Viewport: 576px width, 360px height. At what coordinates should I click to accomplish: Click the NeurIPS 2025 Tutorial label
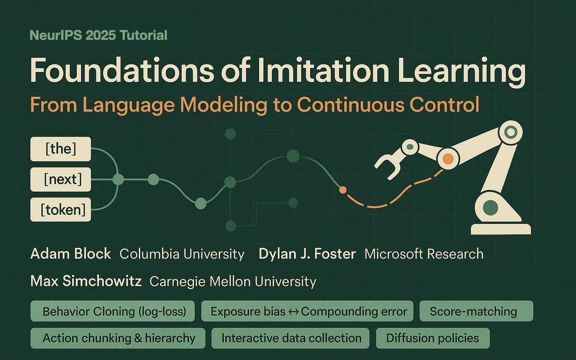pyautogui.click(x=98, y=35)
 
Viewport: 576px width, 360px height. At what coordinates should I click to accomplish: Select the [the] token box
pyautogui.click(x=60, y=149)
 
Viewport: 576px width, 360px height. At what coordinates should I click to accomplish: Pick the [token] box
pyautogui.click(x=60, y=210)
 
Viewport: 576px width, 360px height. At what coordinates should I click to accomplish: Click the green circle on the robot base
pyautogui.click(x=490, y=208)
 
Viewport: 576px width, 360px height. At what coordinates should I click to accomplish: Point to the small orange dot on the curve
pyautogui.click(x=342, y=190)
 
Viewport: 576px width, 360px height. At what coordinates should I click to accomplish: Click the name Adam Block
pyautogui.click(x=70, y=254)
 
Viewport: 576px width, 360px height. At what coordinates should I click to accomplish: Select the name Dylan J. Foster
pyautogui.click(x=307, y=254)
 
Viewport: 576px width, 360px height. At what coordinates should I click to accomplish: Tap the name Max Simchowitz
pyautogui.click(x=85, y=281)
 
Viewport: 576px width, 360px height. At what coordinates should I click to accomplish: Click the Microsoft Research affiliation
pyautogui.click(x=424, y=254)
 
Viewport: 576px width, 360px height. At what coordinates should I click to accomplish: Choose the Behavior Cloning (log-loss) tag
pyautogui.click(x=114, y=312)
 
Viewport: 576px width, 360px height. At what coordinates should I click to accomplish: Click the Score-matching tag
pyautogui.click(x=473, y=312)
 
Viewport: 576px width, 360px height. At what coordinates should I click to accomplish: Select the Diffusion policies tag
pyautogui.click(x=432, y=338)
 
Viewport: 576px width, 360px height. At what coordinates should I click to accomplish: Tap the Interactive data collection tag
pyautogui.click(x=291, y=338)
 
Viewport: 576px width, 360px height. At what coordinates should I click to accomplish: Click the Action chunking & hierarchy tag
pyautogui.click(x=119, y=338)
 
